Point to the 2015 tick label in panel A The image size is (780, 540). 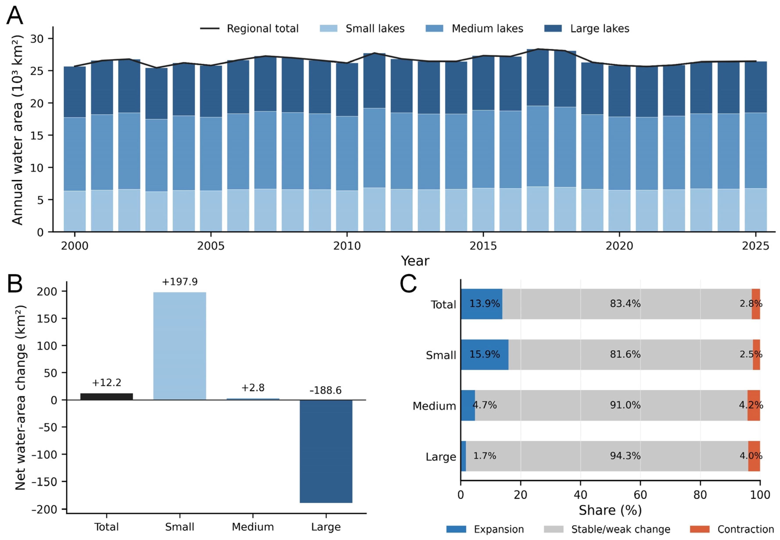(483, 246)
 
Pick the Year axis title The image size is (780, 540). (415, 261)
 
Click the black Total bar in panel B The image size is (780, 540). (107, 396)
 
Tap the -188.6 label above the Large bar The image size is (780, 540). (326, 391)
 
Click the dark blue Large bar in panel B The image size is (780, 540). (326, 451)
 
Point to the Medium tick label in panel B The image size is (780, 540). (253, 527)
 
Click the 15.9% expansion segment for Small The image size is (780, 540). (484, 355)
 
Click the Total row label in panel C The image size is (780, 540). (443, 304)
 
